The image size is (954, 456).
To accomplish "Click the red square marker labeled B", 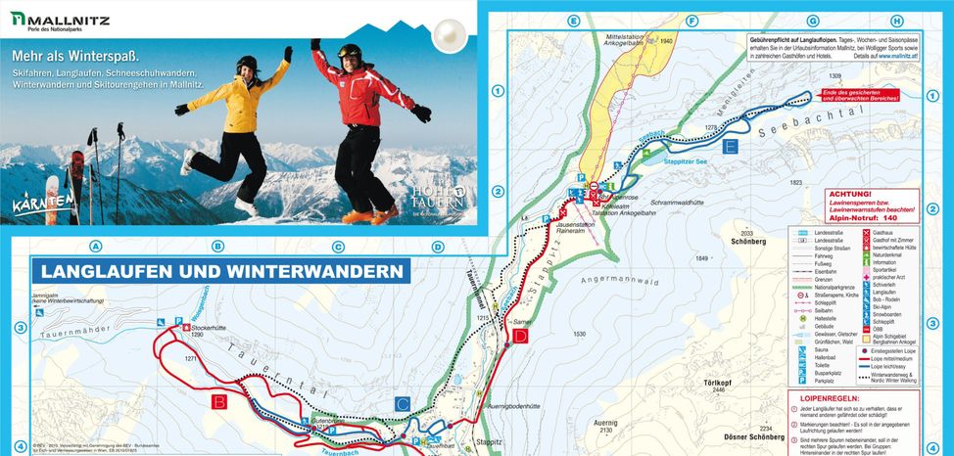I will coord(220,401).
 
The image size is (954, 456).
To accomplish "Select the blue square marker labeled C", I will coord(403,402).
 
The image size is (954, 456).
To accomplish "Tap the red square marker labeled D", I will coord(520,338).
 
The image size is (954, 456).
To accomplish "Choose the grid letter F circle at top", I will coord(692,21).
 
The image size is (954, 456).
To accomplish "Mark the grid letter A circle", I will coord(96,247).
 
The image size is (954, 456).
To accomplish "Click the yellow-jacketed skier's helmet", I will coord(247,64).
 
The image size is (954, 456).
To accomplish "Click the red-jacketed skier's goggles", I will coord(350,52).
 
